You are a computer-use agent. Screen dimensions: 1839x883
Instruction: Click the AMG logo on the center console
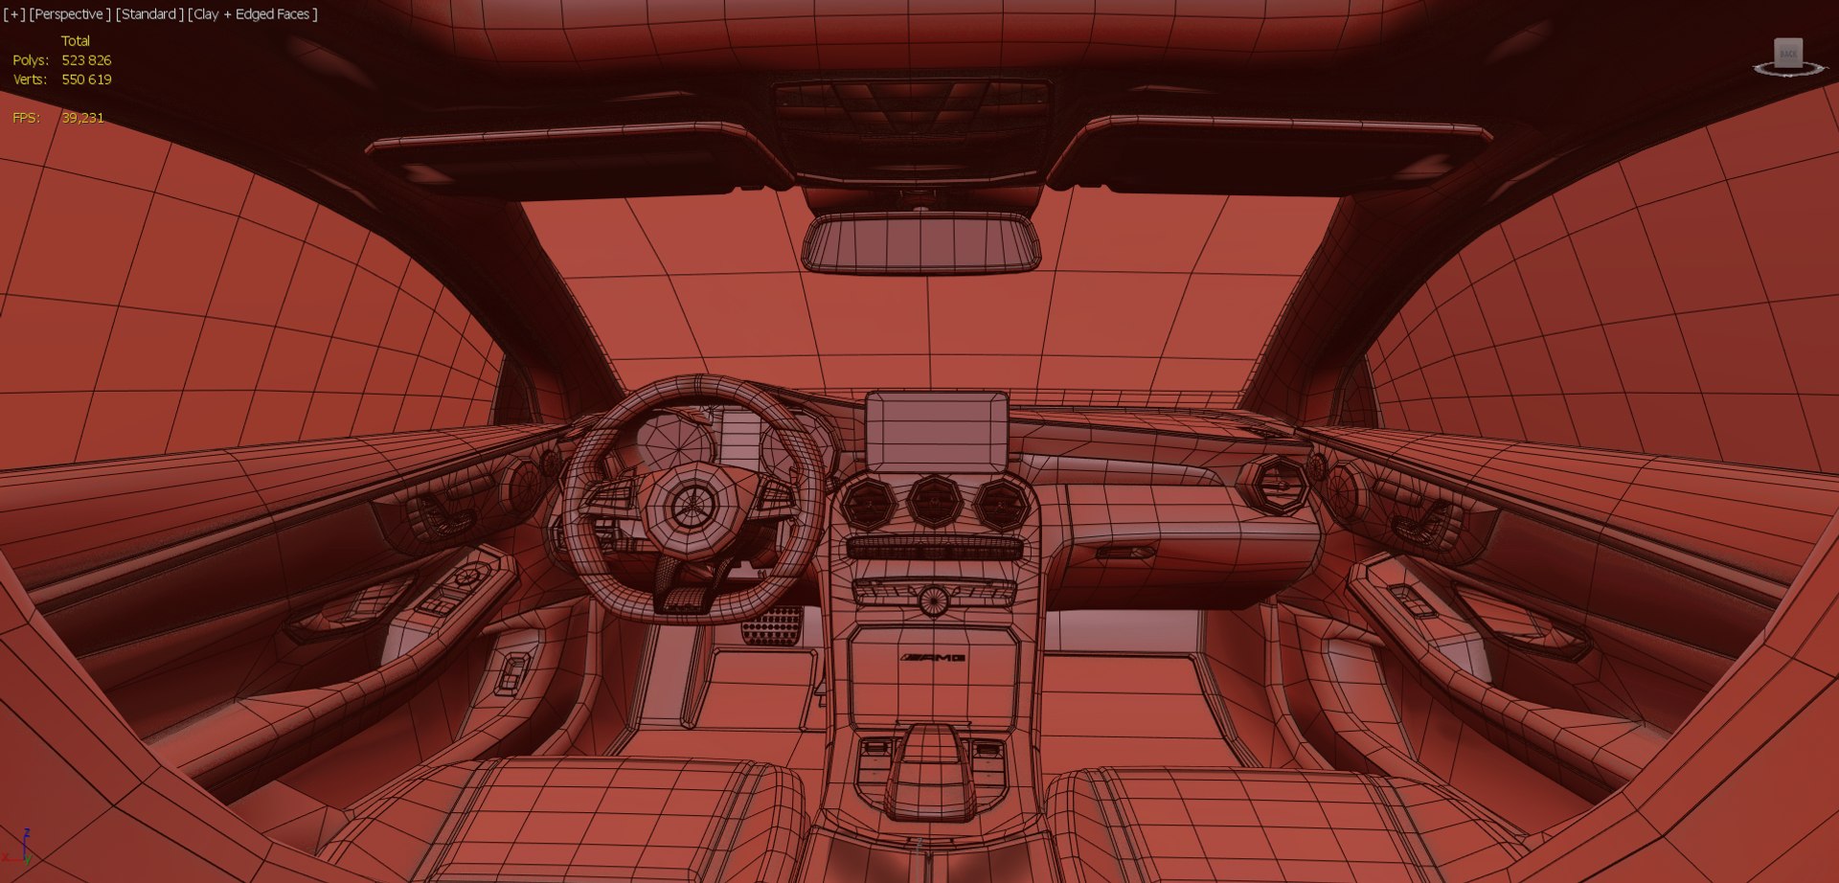tap(933, 657)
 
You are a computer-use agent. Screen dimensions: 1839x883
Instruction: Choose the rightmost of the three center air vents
tap(1000, 503)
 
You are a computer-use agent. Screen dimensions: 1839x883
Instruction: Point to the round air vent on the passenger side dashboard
tap(1273, 486)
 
